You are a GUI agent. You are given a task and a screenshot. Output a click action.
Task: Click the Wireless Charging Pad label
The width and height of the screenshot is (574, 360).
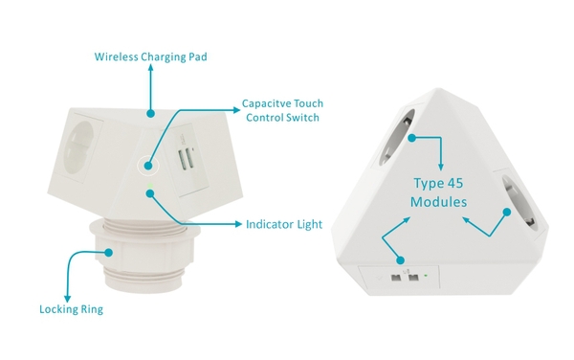[150, 57]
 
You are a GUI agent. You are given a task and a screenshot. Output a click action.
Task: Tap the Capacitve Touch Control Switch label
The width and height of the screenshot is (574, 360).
[282, 110]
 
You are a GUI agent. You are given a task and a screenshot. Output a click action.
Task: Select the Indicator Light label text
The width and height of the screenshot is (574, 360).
[284, 224]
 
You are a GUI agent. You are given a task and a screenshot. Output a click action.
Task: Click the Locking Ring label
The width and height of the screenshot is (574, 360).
[72, 309]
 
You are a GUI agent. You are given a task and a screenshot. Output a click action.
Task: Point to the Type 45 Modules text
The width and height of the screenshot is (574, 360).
[438, 192]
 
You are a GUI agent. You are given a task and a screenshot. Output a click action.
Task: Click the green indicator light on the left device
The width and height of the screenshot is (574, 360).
[150, 186]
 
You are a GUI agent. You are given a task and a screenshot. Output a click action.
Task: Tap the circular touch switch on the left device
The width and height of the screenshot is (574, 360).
[148, 166]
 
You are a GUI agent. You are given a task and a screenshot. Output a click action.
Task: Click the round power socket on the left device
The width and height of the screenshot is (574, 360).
[78, 146]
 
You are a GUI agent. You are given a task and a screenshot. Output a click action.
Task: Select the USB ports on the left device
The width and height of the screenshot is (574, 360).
[186, 159]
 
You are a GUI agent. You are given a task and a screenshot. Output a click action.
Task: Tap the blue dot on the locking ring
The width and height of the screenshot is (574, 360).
[108, 253]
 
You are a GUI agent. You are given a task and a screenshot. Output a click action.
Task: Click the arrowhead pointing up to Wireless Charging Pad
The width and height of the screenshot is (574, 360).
[150, 67]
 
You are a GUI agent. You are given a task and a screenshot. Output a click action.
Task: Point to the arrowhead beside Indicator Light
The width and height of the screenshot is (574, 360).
[238, 224]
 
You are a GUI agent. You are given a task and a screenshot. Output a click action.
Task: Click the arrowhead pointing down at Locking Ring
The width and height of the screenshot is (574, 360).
[67, 299]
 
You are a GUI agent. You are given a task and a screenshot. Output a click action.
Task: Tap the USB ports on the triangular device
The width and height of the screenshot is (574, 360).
[404, 278]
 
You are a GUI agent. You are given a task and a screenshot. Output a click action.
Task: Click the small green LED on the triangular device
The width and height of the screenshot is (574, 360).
[426, 275]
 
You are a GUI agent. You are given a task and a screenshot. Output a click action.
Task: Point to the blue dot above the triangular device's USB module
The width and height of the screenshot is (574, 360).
[401, 260]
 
